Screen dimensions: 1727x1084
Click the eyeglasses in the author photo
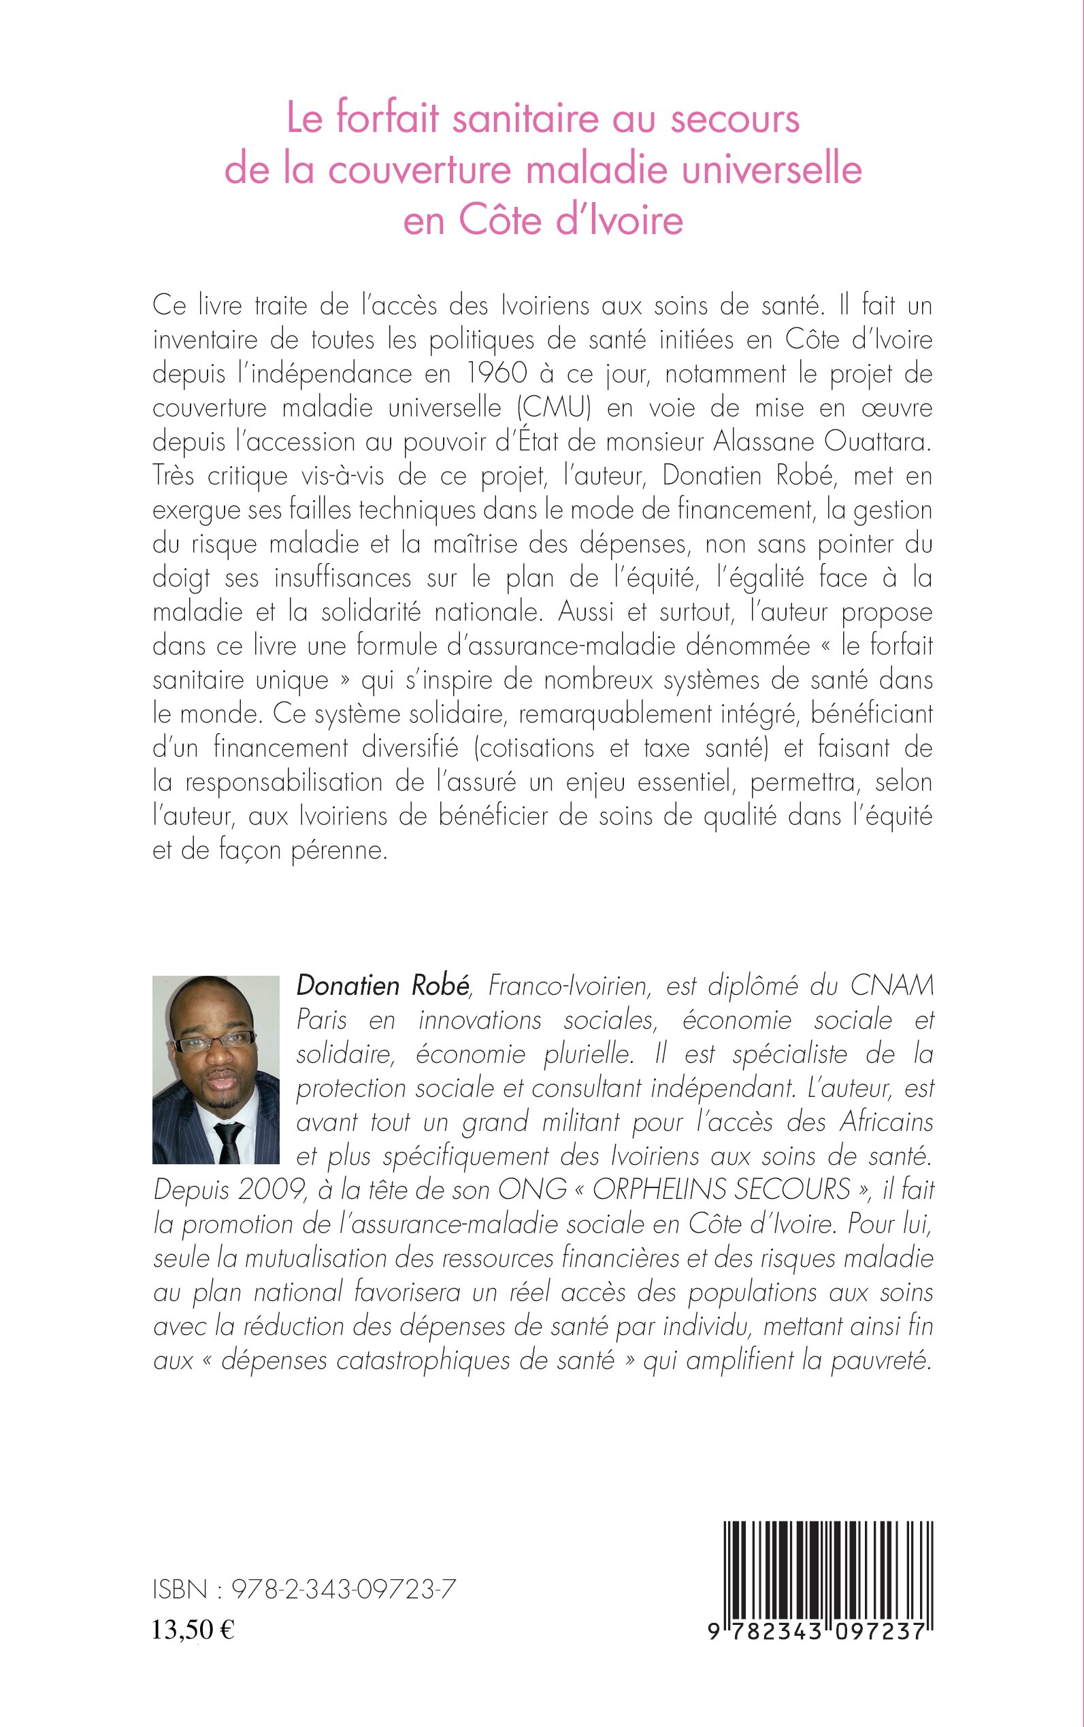(x=216, y=1041)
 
